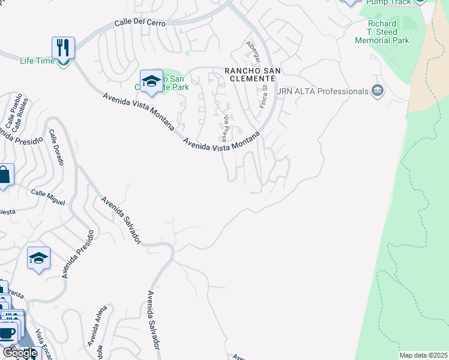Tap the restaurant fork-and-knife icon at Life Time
tap(63, 47)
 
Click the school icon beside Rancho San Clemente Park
tap(151, 81)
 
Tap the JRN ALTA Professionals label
tap(322, 91)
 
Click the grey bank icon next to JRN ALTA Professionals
tap(378, 91)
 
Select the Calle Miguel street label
tap(48, 197)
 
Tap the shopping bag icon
tap(4, 175)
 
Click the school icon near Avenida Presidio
tap(39, 259)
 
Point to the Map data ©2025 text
tap(423, 355)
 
